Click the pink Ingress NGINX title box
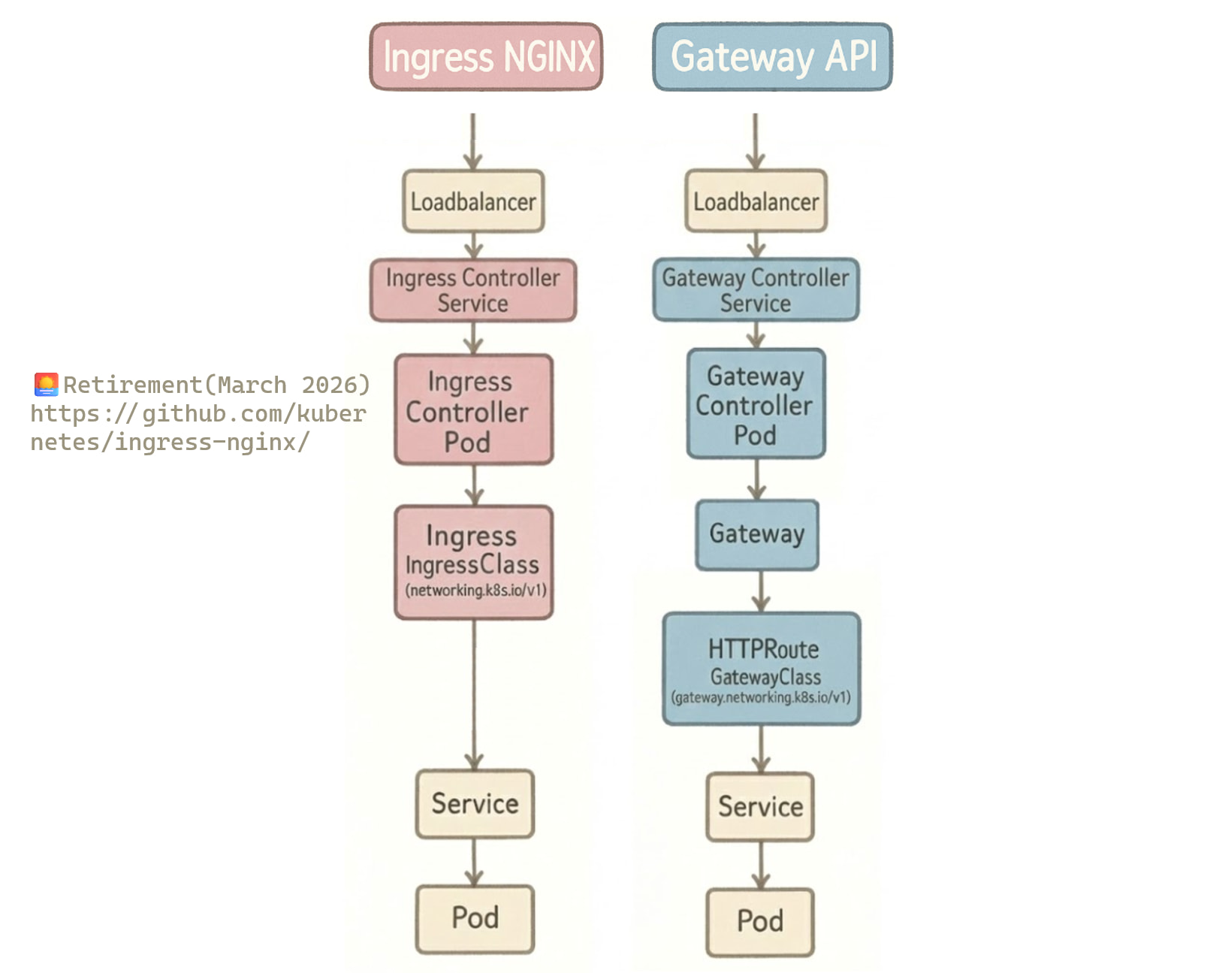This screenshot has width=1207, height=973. click(486, 56)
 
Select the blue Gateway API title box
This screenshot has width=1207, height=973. click(772, 56)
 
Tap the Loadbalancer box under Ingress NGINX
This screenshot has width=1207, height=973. click(473, 201)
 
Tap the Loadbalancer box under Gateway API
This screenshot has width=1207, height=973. click(756, 201)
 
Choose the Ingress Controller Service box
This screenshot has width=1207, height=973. click(473, 290)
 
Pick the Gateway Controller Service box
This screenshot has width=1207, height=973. click(756, 289)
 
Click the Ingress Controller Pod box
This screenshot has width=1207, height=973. click(473, 409)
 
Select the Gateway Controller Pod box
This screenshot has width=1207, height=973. click(756, 403)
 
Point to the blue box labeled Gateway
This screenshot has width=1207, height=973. click(756, 534)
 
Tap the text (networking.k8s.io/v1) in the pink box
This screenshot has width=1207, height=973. click(475, 591)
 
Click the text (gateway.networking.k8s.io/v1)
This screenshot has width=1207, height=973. click(761, 697)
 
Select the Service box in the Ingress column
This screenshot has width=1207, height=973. click(475, 803)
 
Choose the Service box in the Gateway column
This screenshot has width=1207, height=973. click(760, 806)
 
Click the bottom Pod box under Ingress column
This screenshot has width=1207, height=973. click(475, 918)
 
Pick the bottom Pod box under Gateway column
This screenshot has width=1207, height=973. click(760, 921)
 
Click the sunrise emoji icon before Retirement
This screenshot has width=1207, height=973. click(46, 384)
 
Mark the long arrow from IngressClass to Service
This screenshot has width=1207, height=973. click(474, 691)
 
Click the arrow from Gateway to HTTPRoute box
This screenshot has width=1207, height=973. click(761, 591)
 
